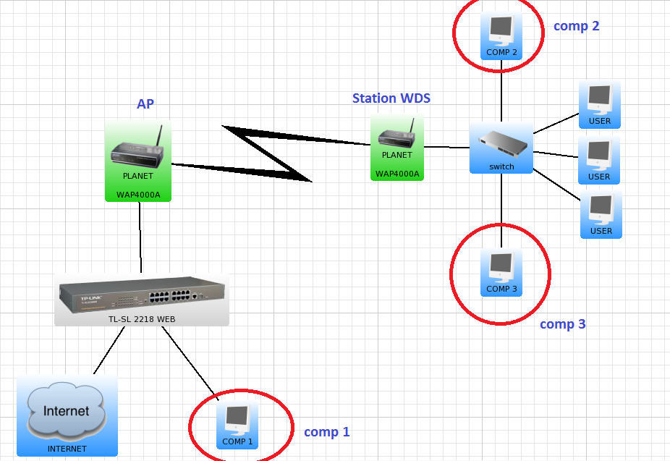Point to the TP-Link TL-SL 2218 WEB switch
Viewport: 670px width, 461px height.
(142, 297)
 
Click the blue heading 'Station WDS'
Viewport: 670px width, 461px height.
(391, 98)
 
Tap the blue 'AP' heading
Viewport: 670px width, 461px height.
(145, 104)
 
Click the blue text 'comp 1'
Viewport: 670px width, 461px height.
(326, 432)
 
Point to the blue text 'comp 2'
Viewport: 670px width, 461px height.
(577, 26)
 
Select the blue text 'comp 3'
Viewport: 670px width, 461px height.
(562, 324)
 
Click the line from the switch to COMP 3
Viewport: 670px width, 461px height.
(501, 210)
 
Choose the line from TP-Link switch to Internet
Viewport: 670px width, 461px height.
(109, 351)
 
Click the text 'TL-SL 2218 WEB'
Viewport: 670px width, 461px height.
(142, 319)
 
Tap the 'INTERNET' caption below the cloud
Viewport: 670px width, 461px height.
(67, 449)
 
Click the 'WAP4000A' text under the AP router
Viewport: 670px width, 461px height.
(137, 194)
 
